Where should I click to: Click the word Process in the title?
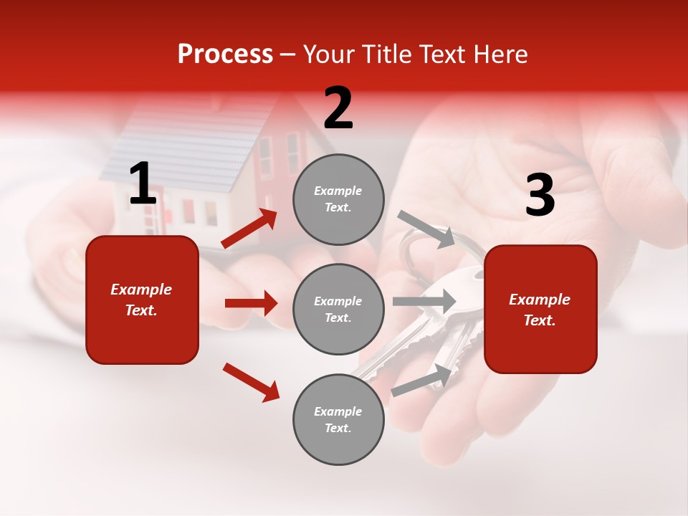tap(225, 54)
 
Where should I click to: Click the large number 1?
tap(143, 184)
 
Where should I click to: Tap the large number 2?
tap(338, 108)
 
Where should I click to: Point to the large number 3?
tap(540, 195)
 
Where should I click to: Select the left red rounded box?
tap(142, 300)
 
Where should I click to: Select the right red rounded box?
tap(540, 309)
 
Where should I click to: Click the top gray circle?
tap(338, 199)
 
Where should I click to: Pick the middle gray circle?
tap(338, 309)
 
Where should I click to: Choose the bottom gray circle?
tap(338, 419)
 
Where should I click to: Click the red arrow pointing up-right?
tap(249, 229)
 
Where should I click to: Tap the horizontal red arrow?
tap(251, 303)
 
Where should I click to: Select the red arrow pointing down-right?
tap(251, 382)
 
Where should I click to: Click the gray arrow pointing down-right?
tap(426, 229)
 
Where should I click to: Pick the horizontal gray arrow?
tap(424, 301)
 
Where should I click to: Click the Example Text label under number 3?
tap(540, 310)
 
